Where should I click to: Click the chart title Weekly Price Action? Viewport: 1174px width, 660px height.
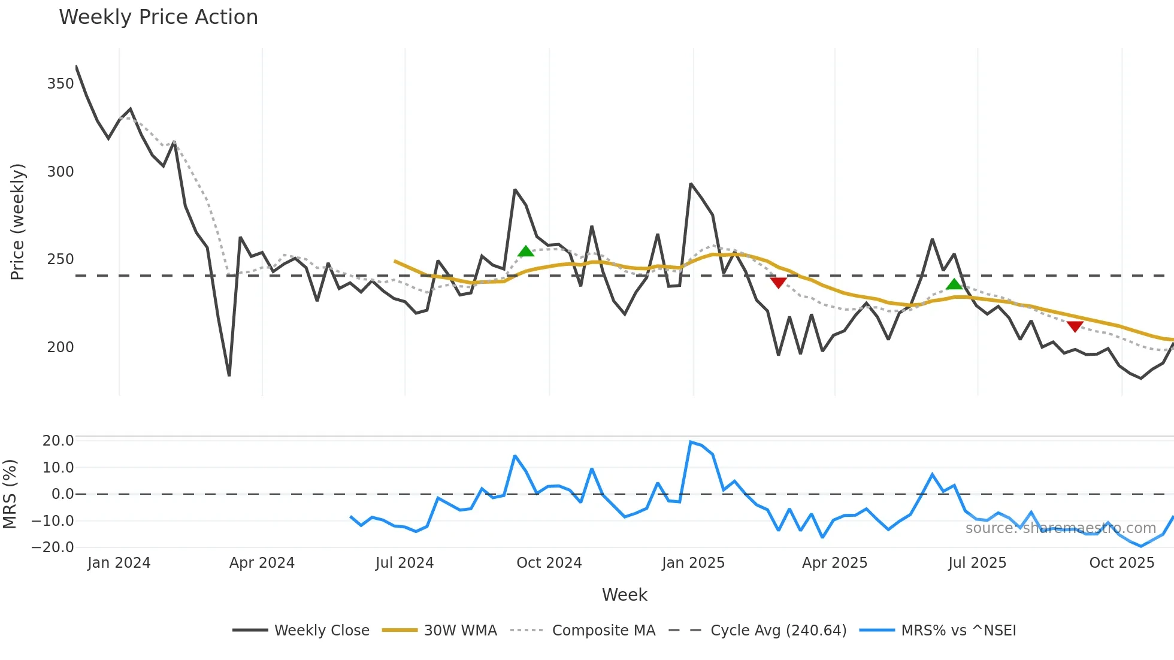pyautogui.click(x=158, y=17)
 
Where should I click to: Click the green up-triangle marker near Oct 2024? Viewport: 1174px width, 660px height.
pyautogui.click(x=525, y=252)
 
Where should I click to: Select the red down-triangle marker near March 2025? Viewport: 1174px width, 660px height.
pyautogui.click(x=778, y=283)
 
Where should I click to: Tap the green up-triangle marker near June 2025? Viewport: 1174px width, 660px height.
pyautogui.click(x=954, y=284)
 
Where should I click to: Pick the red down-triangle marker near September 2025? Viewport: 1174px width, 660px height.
pyautogui.click(x=1075, y=326)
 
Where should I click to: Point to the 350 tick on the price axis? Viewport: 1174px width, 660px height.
pyautogui.click(x=60, y=84)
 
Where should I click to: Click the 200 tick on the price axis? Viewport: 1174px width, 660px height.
pyautogui.click(x=60, y=347)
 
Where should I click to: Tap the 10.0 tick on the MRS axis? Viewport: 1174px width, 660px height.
pyautogui.click(x=58, y=468)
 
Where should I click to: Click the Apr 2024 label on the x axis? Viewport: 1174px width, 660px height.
pyautogui.click(x=262, y=563)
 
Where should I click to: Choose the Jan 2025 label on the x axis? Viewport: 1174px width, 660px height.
pyautogui.click(x=693, y=563)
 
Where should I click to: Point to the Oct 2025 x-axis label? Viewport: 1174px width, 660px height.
pyautogui.click(x=1121, y=563)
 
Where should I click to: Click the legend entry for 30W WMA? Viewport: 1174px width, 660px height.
pyautogui.click(x=460, y=631)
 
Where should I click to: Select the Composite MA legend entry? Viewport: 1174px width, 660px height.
pyautogui.click(x=603, y=631)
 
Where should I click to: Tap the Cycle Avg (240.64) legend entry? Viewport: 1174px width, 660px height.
pyautogui.click(x=778, y=631)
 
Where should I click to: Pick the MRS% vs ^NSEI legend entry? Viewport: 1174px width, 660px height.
pyautogui.click(x=958, y=631)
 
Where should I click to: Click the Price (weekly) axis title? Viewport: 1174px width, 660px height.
pyautogui.click(x=18, y=222)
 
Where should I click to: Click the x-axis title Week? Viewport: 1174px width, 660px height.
pyautogui.click(x=624, y=595)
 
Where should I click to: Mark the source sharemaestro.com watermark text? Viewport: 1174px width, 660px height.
pyautogui.click(x=1060, y=528)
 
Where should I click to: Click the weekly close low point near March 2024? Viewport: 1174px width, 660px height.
pyautogui.click(x=229, y=376)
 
